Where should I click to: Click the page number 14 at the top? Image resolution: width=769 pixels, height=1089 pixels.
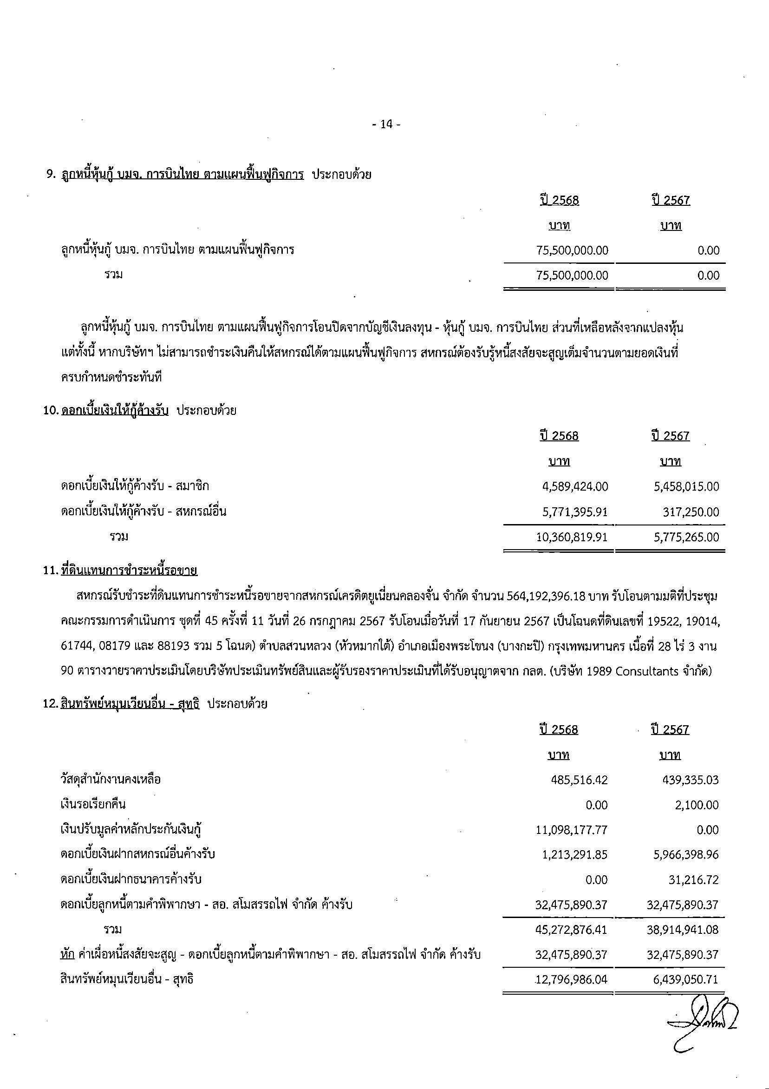386,124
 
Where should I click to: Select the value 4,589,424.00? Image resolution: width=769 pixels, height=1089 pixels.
574,486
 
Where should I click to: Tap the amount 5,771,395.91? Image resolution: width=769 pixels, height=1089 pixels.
574,512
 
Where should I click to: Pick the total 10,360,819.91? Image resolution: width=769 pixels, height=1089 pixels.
572,537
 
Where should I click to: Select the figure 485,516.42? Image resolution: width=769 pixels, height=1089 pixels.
579,780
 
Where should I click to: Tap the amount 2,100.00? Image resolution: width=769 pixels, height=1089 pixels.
697,805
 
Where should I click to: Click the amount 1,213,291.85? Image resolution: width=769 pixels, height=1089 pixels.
574,855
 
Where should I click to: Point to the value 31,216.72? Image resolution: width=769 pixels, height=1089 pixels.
694,880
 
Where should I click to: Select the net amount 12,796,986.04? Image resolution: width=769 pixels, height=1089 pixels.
571,979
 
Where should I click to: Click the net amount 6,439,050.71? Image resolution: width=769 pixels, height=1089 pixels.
685,979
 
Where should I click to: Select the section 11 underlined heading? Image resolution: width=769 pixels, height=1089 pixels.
129,571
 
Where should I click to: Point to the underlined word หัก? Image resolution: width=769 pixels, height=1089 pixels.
67,954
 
